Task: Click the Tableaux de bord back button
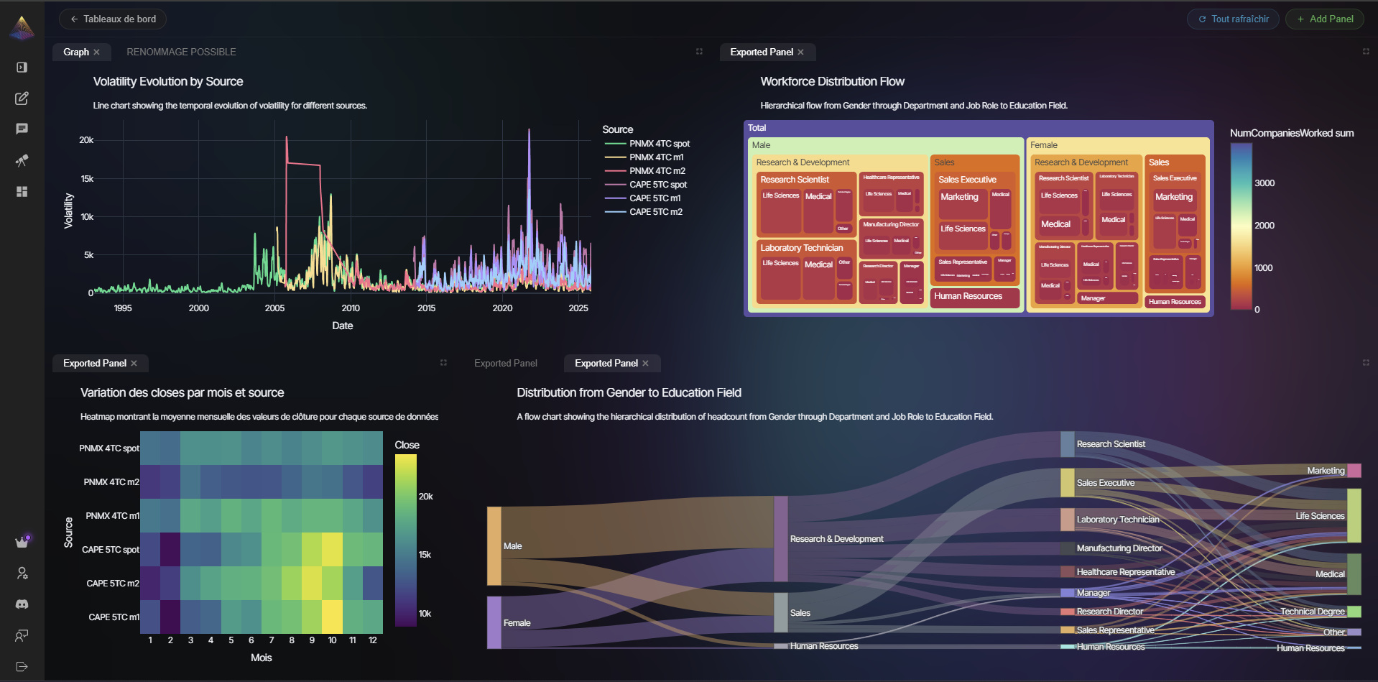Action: [113, 19]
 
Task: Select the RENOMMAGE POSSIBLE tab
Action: [181, 52]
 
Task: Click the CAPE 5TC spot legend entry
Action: [657, 185]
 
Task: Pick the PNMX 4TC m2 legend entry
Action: [657, 171]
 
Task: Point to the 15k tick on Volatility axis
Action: [86, 179]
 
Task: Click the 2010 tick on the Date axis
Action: [351, 308]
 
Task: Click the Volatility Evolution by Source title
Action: [168, 82]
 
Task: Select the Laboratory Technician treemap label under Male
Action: [801, 248]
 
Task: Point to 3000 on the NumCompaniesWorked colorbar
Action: [1264, 183]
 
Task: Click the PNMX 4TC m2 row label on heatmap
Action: [111, 482]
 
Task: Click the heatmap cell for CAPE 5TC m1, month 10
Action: [332, 617]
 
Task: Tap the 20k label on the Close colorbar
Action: [425, 497]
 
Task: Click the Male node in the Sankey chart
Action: [494, 546]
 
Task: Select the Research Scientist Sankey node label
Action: [1110, 444]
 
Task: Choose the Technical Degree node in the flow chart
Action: [1354, 612]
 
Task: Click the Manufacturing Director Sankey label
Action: [1119, 548]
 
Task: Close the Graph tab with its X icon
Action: [96, 52]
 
